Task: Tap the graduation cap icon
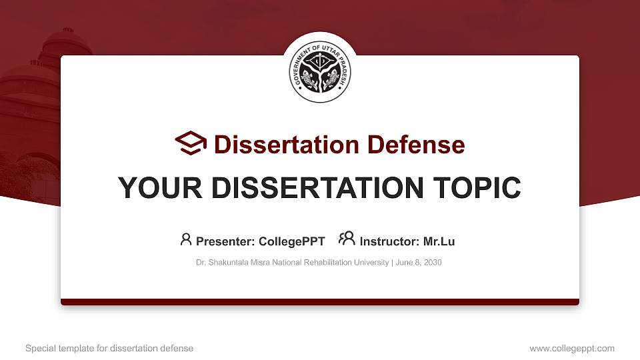[x=191, y=143]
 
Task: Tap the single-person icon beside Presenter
[x=186, y=239]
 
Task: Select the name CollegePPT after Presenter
[x=293, y=241]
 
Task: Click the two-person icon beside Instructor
[x=347, y=239]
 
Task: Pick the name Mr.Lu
[x=439, y=241]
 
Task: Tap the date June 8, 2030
[x=418, y=263]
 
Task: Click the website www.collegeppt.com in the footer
[x=572, y=349]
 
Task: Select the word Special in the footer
[x=39, y=349]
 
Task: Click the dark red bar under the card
[x=320, y=302]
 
